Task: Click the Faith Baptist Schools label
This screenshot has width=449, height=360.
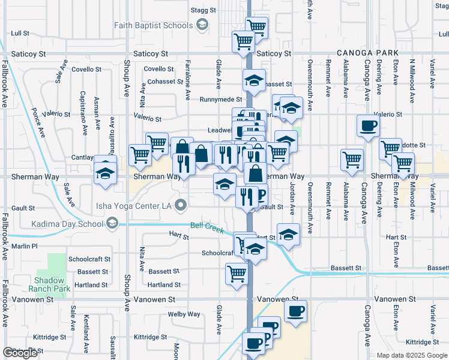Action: click(x=154, y=25)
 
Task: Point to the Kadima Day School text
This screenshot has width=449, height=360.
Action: click(x=68, y=224)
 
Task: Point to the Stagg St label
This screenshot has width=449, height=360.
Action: click(x=203, y=10)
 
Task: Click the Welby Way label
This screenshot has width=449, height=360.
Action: click(x=184, y=314)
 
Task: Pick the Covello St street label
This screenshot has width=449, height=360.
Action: click(x=158, y=70)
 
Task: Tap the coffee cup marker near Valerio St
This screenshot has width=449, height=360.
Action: click(x=368, y=125)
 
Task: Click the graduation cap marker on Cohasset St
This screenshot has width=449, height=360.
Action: click(x=255, y=80)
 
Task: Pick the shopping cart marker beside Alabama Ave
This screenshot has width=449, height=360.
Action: click(x=351, y=159)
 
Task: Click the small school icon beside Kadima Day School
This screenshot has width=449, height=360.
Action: click(x=112, y=224)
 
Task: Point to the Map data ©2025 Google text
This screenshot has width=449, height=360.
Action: click(x=412, y=355)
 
